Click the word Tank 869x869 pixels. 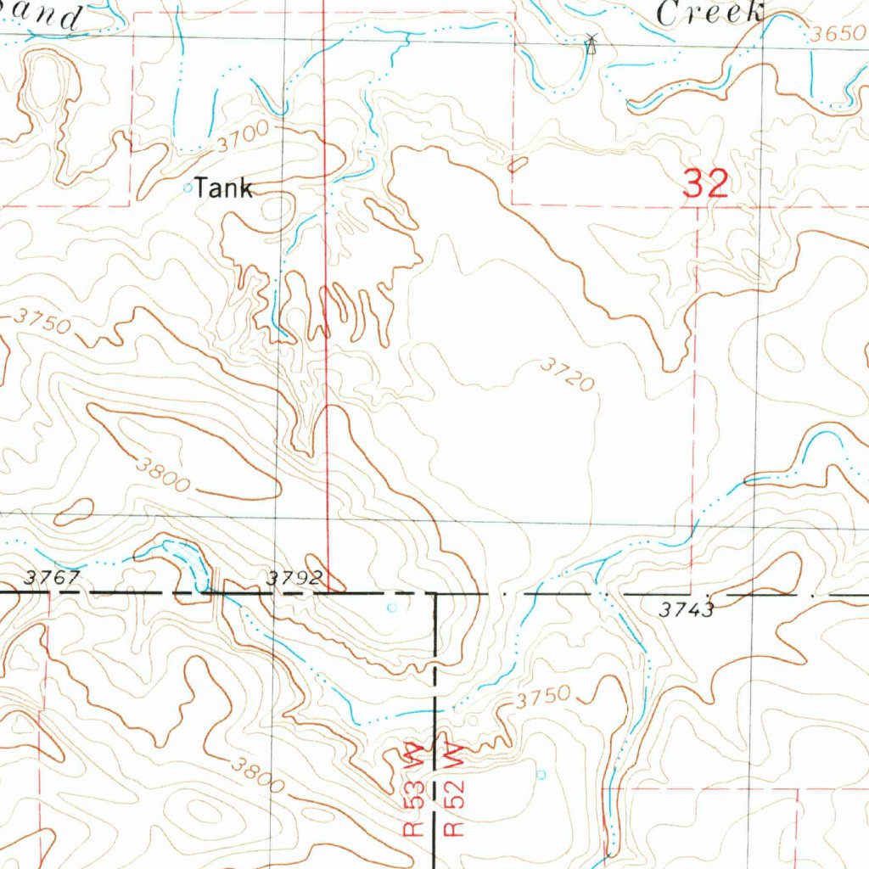click(x=223, y=188)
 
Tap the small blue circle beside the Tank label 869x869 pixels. click(x=188, y=188)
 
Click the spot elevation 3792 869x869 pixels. click(x=294, y=578)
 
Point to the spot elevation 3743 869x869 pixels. click(x=686, y=608)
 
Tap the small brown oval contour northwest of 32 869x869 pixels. click(x=518, y=164)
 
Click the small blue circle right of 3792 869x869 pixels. click(x=391, y=608)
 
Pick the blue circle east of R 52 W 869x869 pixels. click(x=542, y=774)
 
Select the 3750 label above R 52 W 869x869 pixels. click(x=543, y=698)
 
